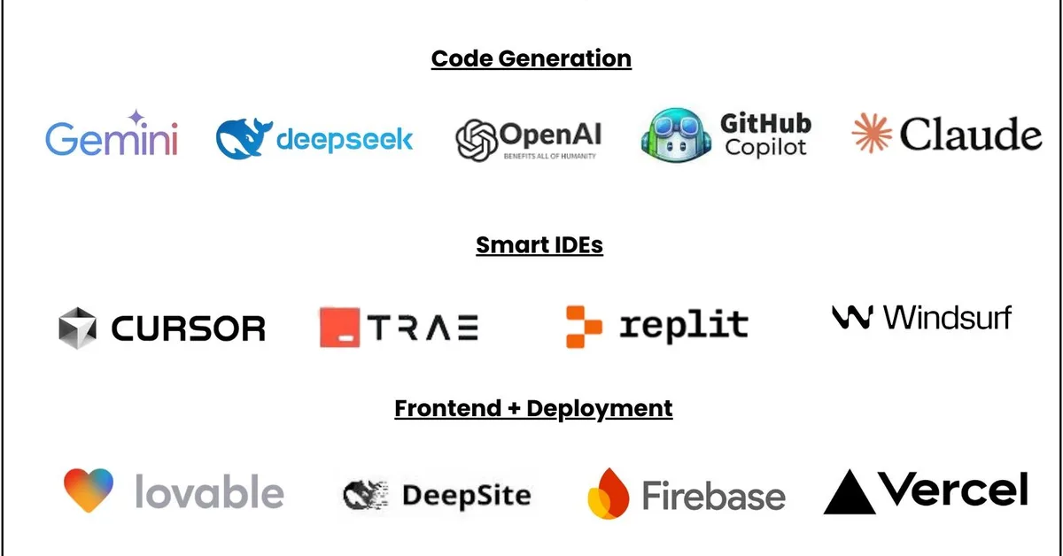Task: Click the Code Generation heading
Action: click(x=531, y=59)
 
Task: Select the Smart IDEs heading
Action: click(x=539, y=245)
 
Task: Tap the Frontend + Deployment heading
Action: click(x=533, y=409)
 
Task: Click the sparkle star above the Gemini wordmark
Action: click(x=136, y=119)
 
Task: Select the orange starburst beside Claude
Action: click(x=870, y=134)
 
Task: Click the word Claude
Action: click(x=970, y=135)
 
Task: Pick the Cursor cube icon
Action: click(x=77, y=327)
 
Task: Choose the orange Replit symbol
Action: click(x=583, y=326)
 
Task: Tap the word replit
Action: click(x=683, y=325)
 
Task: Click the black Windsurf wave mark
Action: click(x=853, y=317)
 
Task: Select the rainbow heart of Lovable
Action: click(x=89, y=490)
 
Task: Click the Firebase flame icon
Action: click(x=608, y=493)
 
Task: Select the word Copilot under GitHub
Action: click(x=765, y=147)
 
